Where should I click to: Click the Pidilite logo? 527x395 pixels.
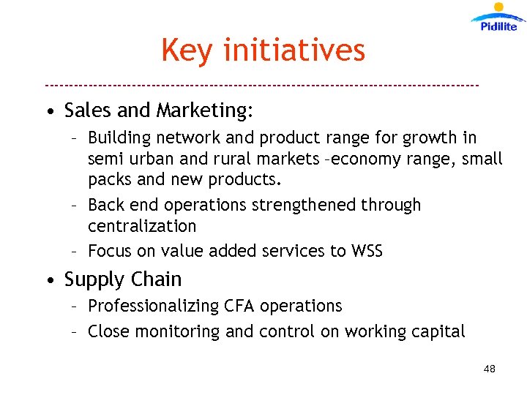tap(498, 18)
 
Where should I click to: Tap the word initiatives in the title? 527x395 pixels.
tap(294, 50)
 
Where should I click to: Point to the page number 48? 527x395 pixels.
tap(490, 369)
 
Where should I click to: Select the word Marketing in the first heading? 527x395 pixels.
tap(204, 111)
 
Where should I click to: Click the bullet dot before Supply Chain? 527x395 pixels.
tap(48, 281)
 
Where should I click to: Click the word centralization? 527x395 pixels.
tap(142, 226)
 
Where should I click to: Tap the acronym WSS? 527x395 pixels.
tap(367, 251)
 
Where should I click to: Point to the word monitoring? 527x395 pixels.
tap(183, 332)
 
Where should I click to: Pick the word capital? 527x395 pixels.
tap(437, 332)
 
